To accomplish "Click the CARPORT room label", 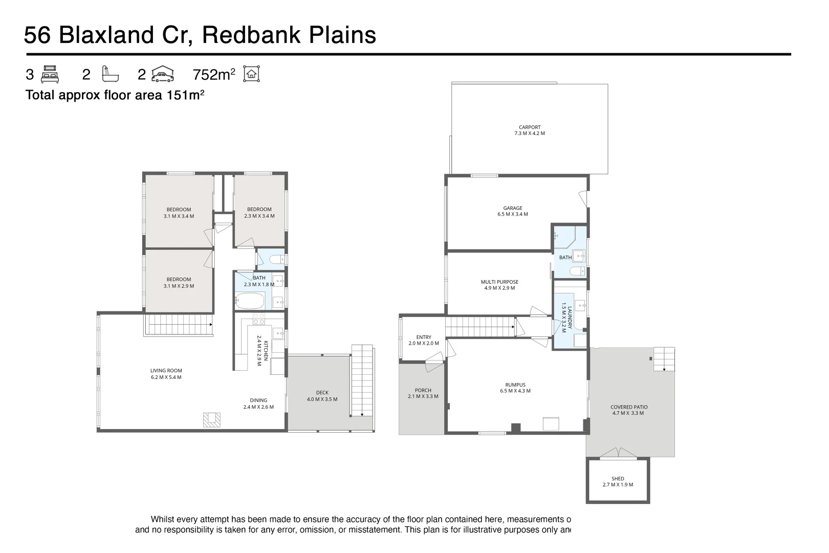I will click(x=530, y=130).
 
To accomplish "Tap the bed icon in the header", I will click(x=50, y=74).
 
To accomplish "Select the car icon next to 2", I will click(x=162, y=74).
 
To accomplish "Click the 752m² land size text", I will click(x=214, y=75).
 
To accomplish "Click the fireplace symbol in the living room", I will click(x=212, y=419).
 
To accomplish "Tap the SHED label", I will click(x=618, y=481).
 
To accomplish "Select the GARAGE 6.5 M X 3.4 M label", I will click(x=512, y=211).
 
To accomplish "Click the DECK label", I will click(x=322, y=396).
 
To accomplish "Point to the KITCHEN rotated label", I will click(x=262, y=349).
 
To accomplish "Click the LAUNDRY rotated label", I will click(x=566, y=317).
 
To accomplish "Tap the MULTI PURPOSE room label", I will click(x=499, y=285).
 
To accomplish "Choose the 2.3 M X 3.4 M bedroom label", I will click(x=259, y=212).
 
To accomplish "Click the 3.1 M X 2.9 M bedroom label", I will click(x=179, y=283).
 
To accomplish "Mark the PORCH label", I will click(x=423, y=393).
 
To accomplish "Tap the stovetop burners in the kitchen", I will click(x=258, y=318).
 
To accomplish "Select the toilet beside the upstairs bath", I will click(x=276, y=260).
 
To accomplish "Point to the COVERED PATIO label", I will click(x=629, y=410).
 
